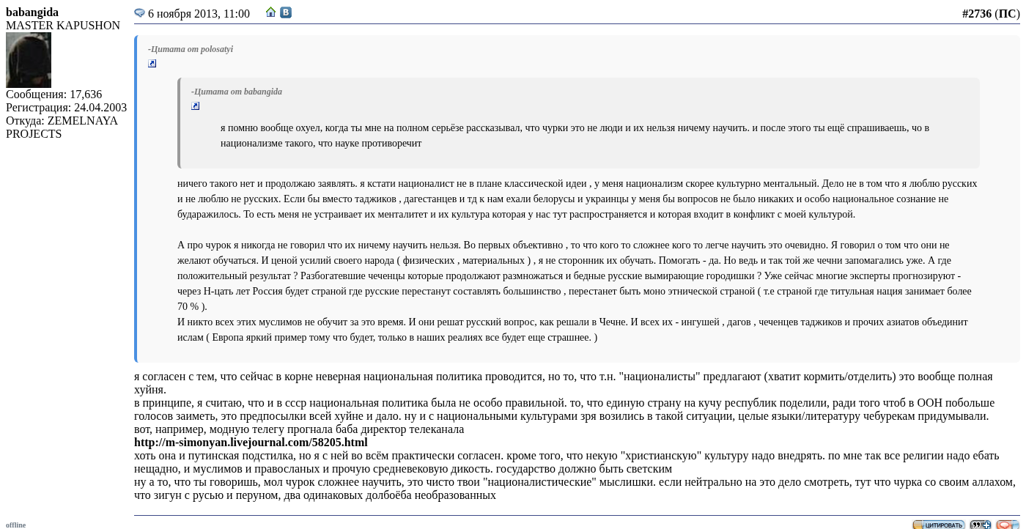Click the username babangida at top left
tap(32, 12)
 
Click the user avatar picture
tap(29, 60)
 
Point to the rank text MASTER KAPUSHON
tap(63, 26)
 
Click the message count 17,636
tap(86, 95)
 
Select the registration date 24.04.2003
tap(100, 108)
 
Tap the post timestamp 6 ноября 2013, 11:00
tap(199, 14)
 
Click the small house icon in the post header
tap(271, 12)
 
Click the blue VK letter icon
tap(286, 12)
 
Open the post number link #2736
tap(976, 14)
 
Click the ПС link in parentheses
tap(1007, 14)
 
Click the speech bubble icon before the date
tap(139, 13)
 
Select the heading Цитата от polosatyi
tap(191, 49)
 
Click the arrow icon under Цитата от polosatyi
tap(152, 64)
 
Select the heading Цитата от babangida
tap(237, 92)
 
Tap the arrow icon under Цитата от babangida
tap(196, 106)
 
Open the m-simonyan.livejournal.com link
tap(251, 443)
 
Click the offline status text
tap(15, 525)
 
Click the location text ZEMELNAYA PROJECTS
tap(62, 127)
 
